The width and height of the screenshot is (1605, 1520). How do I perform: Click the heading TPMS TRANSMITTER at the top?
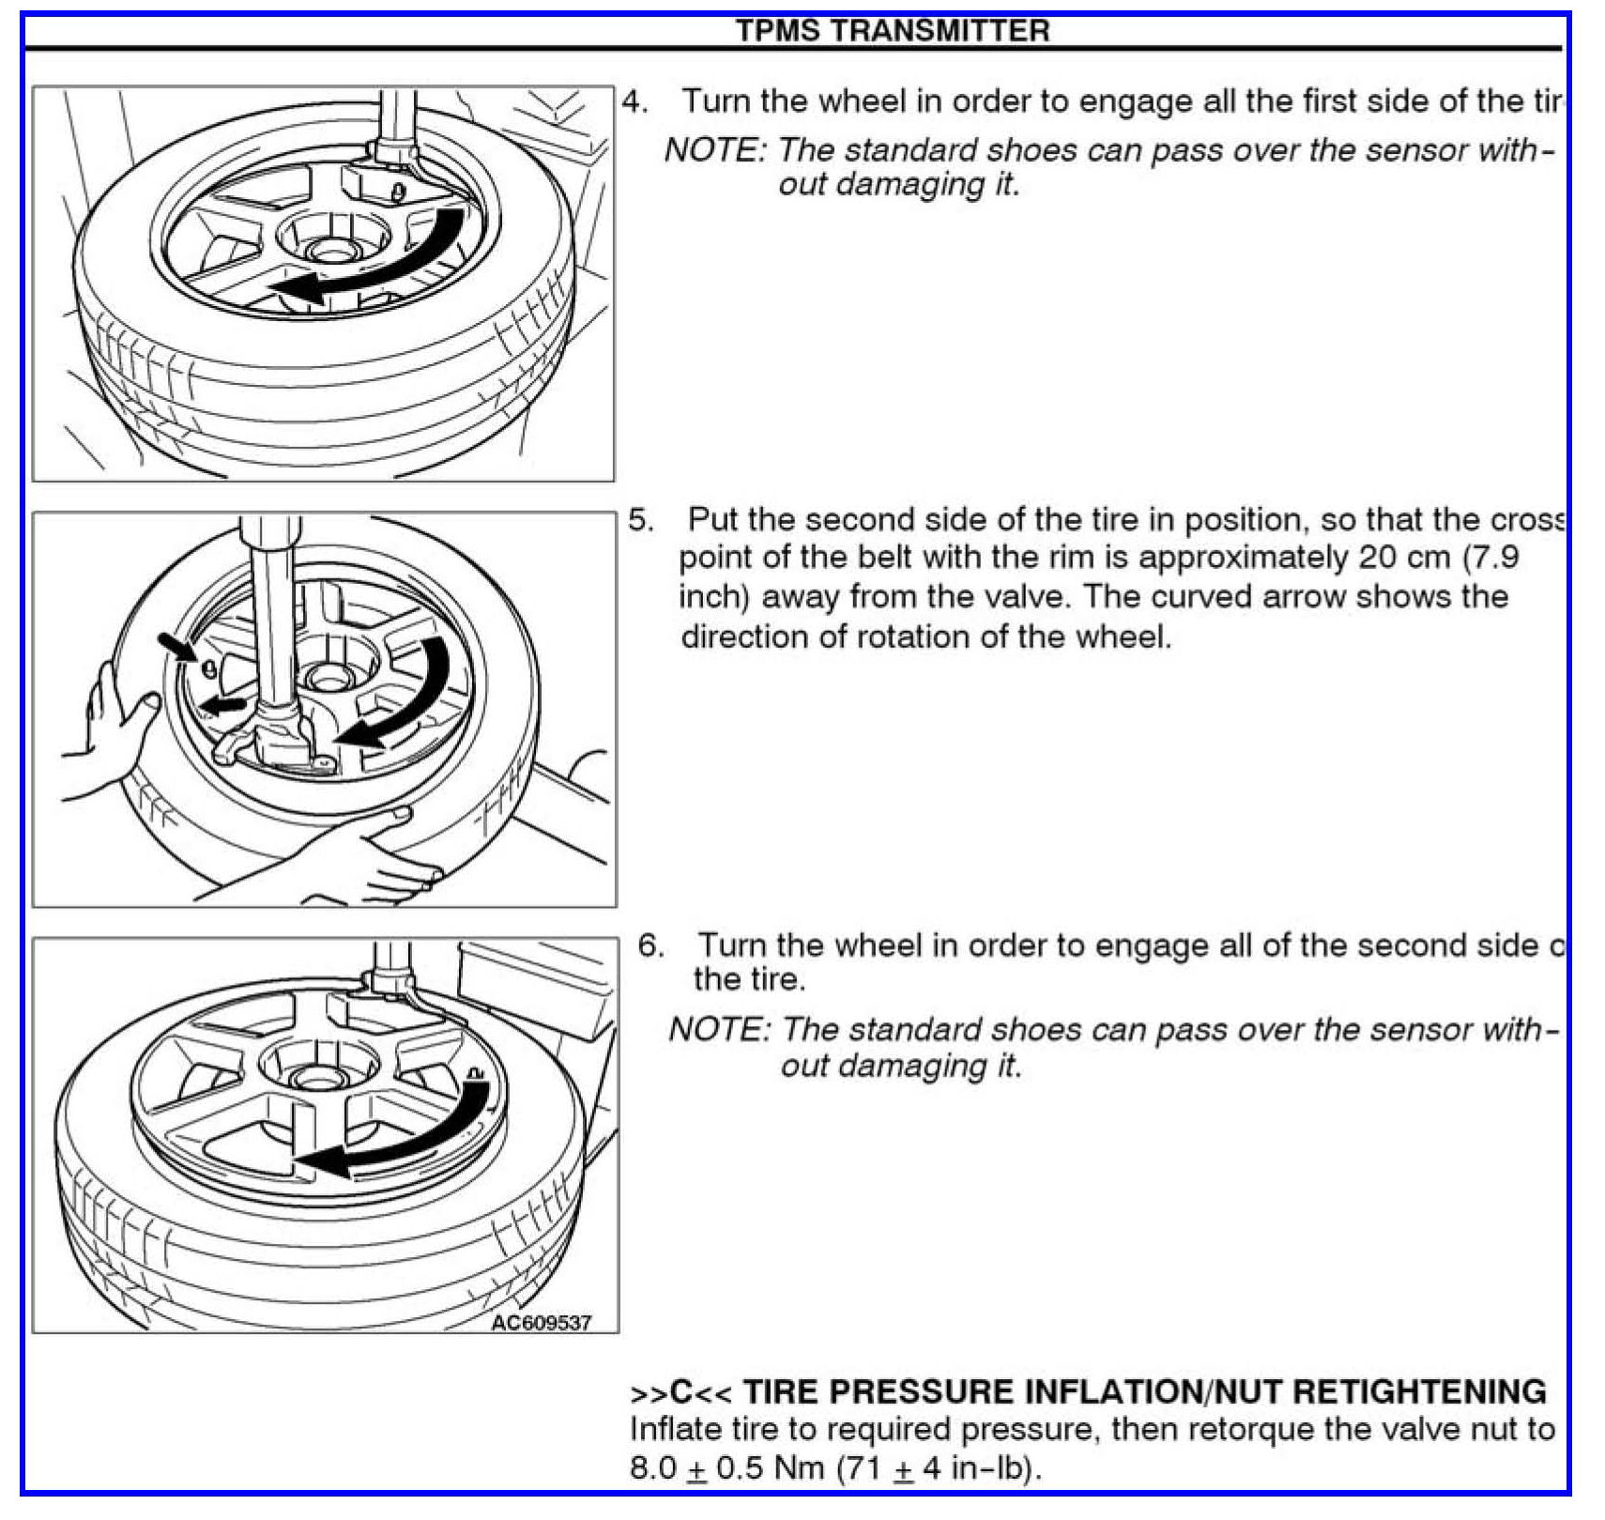[x=892, y=31]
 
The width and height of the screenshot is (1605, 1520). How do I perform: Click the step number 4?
[x=634, y=101]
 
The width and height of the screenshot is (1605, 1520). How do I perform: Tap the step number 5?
[x=640, y=519]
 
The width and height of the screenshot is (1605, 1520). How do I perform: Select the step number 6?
[x=650, y=944]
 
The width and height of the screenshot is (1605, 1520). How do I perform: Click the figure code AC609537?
[x=542, y=1323]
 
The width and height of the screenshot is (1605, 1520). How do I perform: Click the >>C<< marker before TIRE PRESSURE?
[x=680, y=1391]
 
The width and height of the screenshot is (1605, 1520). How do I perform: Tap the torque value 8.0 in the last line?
[x=653, y=1467]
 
